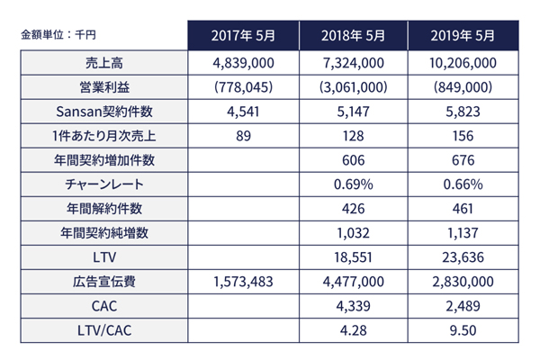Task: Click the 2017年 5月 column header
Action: point(242,36)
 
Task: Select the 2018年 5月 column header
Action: point(353,36)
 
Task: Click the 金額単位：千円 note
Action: point(58,36)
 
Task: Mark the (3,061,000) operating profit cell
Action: point(353,88)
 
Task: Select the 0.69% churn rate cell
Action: point(353,184)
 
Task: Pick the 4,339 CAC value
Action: point(353,306)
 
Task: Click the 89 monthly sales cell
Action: point(242,137)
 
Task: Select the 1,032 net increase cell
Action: point(353,233)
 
